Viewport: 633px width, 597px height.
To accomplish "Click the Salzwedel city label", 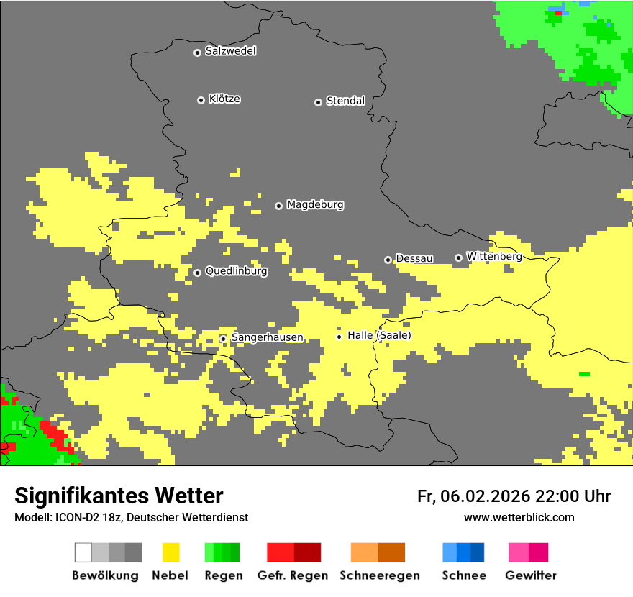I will tap(230, 51).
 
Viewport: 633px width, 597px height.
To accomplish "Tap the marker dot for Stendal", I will tap(318, 102).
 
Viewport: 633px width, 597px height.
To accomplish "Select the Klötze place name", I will tap(224, 99).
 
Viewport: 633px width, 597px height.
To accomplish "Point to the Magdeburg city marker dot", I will tap(278, 206).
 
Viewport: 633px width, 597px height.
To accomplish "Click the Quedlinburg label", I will tap(236, 271).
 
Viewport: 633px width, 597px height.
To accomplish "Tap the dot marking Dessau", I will tap(388, 260).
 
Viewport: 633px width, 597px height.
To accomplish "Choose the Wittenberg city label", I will tap(493, 256).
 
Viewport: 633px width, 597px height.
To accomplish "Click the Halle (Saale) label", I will tap(379, 335).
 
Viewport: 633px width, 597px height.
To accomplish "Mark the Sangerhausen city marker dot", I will tap(223, 339).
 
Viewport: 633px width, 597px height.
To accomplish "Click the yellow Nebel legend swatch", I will tap(170, 552).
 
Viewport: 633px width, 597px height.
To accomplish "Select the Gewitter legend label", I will tap(530, 575).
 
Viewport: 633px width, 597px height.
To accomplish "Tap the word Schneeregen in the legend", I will tap(379, 575).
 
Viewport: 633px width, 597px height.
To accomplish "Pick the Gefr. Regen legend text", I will tap(292, 575).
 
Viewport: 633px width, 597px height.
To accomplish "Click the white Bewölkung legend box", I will tap(83, 552).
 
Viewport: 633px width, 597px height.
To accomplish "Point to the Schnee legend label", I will tap(464, 575).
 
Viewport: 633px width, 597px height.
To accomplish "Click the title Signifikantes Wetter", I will tap(119, 496).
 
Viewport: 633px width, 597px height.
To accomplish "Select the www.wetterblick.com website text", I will tap(519, 517).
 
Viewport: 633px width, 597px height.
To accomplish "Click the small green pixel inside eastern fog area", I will tap(584, 374).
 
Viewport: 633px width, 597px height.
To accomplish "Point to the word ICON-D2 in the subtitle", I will tap(77, 517).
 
